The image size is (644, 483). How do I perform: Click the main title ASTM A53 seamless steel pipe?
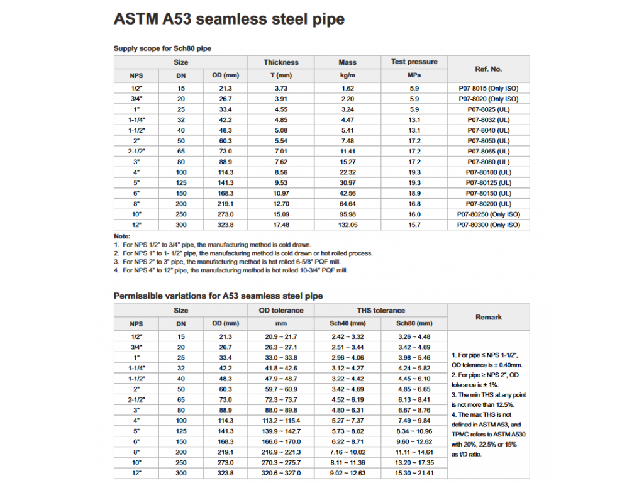click(229, 19)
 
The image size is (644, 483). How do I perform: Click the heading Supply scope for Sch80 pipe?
click(166, 48)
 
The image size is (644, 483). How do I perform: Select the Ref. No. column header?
click(488, 69)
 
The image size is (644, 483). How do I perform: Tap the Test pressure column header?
click(414, 62)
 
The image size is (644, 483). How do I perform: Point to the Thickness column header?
click(281, 62)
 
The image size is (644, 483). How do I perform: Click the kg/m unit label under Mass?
click(347, 75)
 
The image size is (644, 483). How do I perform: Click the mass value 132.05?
click(347, 225)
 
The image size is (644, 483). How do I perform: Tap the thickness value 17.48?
click(281, 225)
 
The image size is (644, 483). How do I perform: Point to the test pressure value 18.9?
click(414, 193)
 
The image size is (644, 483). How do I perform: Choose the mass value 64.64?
click(347, 204)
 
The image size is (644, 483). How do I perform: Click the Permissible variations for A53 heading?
click(218, 296)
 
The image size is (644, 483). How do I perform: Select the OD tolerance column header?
click(281, 310)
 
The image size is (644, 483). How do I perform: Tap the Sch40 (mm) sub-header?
click(347, 323)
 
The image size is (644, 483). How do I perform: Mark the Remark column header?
click(488, 317)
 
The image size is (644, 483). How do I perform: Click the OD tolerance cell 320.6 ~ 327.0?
click(281, 473)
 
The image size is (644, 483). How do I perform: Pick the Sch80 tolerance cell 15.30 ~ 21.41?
click(414, 473)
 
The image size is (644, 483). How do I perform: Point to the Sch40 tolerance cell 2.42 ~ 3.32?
click(347, 336)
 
